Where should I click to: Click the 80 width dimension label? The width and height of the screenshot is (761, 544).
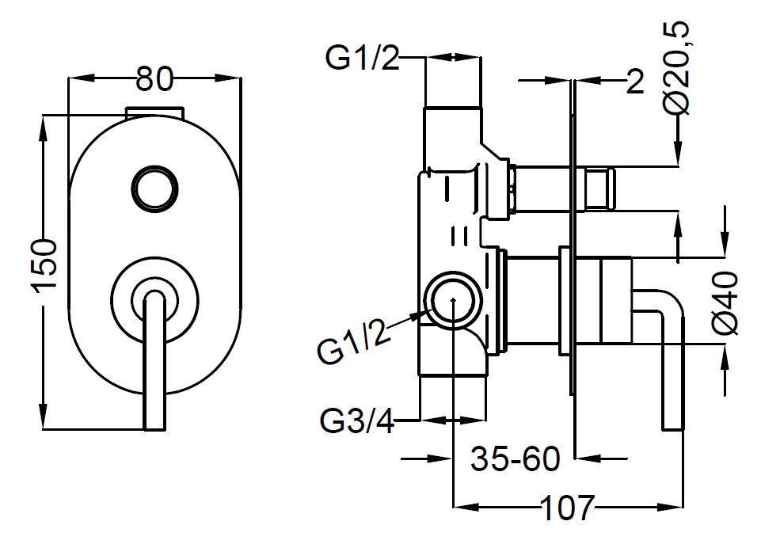(154, 79)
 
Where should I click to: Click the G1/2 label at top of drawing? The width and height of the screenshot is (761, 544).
(363, 59)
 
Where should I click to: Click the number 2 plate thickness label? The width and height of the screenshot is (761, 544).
(634, 81)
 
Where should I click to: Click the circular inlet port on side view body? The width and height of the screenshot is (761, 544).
(451, 300)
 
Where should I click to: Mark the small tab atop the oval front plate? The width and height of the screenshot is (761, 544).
(155, 112)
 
